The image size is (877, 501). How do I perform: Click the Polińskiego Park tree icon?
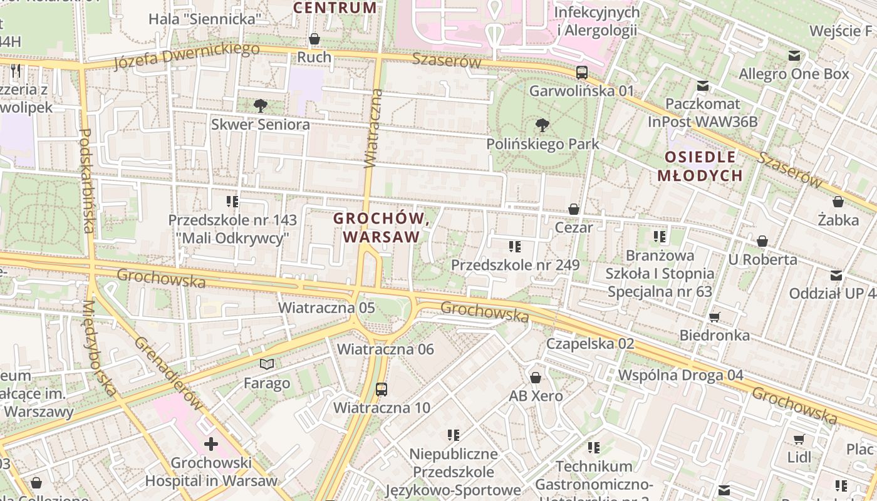click(542, 125)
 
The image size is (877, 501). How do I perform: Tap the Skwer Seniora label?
click(260, 124)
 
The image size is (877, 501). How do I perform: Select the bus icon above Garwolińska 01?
click(582, 73)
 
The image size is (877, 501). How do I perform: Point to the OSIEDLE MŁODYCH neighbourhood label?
click(700, 166)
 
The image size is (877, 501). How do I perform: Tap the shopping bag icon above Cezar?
click(574, 209)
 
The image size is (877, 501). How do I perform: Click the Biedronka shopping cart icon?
click(715, 317)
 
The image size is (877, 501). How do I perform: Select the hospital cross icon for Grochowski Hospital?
click(211, 445)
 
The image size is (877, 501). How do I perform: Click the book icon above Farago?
click(267, 364)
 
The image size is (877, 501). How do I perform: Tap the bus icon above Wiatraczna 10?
click(381, 389)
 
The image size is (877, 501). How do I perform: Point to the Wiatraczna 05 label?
click(326, 307)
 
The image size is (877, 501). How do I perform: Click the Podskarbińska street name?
click(87, 181)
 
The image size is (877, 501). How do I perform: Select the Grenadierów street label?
click(169, 373)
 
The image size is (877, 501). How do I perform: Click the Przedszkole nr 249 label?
click(515, 265)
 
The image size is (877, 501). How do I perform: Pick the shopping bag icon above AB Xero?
click(536, 378)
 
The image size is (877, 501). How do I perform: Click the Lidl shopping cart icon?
click(799, 439)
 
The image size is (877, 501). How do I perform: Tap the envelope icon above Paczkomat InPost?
click(703, 86)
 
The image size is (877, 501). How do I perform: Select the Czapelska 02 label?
click(590, 343)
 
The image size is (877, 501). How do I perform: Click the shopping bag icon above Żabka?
click(838, 202)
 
